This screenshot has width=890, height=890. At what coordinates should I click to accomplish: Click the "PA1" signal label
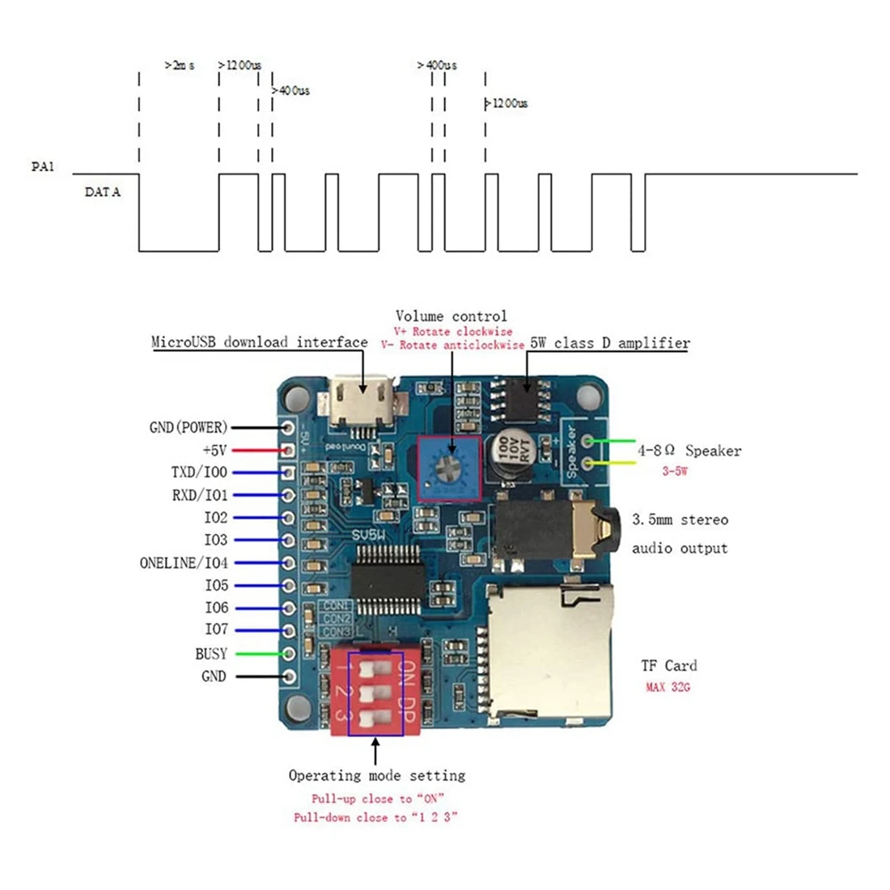(x=42, y=167)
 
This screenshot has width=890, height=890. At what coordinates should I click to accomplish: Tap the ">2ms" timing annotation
(x=179, y=66)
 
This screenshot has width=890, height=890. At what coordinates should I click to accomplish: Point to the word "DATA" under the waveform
(x=103, y=193)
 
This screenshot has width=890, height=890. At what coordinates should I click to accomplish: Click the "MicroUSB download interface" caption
(x=260, y=342)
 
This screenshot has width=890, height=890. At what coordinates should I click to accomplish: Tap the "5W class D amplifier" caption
(x=611, y=343)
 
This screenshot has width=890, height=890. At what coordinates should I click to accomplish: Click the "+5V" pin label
(x=214, y=450)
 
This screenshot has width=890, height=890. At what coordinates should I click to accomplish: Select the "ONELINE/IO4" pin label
(x=184, y=563)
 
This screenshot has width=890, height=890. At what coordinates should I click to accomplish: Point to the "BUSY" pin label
(x=211, y=654)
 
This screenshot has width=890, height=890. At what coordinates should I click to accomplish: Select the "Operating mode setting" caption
(x=377, y=775)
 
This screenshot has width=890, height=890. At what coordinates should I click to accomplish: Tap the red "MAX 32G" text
(x=667, y=688)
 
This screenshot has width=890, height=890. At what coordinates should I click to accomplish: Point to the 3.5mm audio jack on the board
(x=558, y=530)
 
